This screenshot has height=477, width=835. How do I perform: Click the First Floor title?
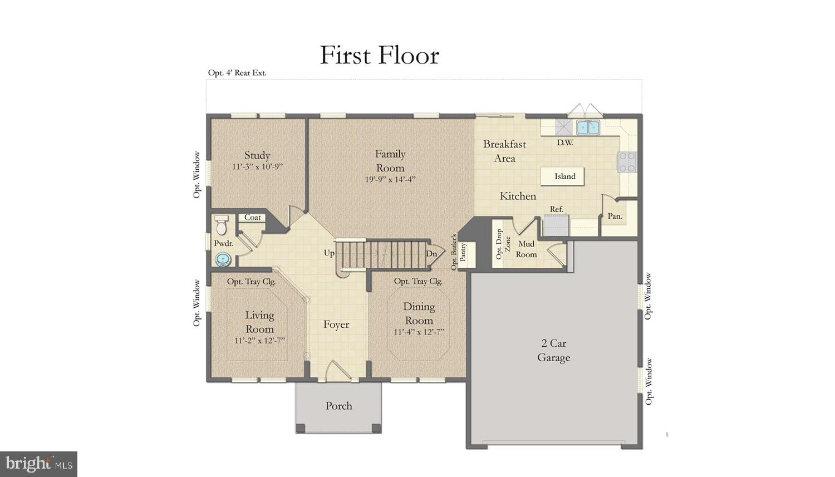[379, 55]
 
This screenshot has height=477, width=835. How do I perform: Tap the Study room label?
[257, 155]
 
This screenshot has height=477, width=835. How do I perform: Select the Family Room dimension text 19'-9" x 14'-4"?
[390, 179]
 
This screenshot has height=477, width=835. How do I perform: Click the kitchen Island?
[564, 176]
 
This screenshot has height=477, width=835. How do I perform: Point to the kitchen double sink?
[587, 127]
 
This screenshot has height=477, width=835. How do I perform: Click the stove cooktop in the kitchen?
[627, 162]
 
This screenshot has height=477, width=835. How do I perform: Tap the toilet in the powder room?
[222, 225]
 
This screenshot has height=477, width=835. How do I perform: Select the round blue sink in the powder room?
[223, 259]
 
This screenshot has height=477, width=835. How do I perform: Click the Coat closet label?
[252, 218]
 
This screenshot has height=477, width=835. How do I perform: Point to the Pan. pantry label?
[615, 216]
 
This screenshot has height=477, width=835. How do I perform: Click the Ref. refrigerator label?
[556, 209]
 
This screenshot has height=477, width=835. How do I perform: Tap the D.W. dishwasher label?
[564, 142]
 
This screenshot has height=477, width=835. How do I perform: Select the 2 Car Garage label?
[553, 350]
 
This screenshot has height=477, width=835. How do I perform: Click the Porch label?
[338, 406]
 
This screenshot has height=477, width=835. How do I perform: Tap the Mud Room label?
[526, 249]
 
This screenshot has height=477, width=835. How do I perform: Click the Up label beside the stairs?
[329, 253]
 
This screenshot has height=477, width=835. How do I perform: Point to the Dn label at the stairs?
[431, 254]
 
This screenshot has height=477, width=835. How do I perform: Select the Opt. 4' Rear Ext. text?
[237, 73]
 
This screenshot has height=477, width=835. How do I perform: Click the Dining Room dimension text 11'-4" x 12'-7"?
[419, 332]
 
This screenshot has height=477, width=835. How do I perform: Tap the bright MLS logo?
[38, 463]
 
